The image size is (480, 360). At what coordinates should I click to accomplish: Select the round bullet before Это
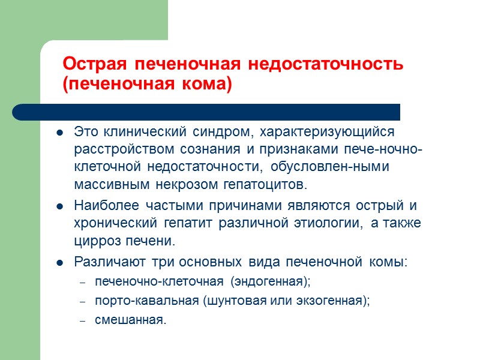point(61,133)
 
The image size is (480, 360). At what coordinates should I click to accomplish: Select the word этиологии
point(325,224)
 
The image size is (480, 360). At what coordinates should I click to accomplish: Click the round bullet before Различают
point(61,263)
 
